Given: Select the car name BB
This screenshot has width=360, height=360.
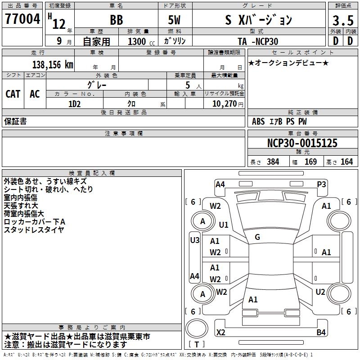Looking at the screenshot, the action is (116, 20).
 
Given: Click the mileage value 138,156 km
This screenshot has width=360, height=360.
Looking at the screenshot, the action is (53, 65).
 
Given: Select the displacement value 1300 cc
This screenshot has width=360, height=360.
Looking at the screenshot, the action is (137, 41).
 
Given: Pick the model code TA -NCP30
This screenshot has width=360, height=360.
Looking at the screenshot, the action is (258, 41).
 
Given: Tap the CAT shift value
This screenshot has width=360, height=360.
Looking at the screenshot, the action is (13, 94).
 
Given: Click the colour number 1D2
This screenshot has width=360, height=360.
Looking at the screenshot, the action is (74, 103).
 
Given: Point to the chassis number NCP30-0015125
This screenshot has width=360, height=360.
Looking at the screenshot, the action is (302, 143).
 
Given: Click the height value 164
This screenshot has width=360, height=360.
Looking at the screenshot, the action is (346, 162).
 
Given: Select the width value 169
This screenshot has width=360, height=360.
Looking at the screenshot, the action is (310, 162).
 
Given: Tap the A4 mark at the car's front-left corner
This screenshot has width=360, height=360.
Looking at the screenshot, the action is (220, 184).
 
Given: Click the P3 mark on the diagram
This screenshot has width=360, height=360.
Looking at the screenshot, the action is (321, 184).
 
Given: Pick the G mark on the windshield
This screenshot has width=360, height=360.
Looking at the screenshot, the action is (257, 237).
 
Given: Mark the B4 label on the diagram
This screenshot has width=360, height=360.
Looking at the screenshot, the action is (321, 333).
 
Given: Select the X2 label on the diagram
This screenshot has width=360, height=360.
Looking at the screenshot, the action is (220, 333).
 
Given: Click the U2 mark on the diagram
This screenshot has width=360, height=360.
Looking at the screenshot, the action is (320, 292).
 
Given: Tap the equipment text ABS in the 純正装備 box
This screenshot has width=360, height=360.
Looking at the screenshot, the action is (258, 121).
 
